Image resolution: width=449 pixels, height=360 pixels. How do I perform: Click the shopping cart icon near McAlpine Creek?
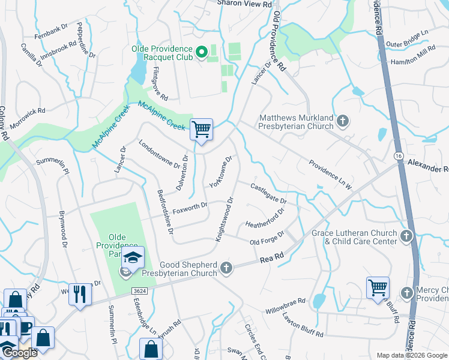pos(201,129)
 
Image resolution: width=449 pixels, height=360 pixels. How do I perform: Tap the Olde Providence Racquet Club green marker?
pos(201,53)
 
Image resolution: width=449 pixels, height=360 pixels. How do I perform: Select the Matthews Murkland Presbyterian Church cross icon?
pos(342,122)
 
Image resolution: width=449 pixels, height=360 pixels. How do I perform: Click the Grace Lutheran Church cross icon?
pos(407,236)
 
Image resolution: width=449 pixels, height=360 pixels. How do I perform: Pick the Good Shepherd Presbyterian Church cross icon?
pos(226,268)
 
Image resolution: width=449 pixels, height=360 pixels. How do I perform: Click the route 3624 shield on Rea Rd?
pos(140,291)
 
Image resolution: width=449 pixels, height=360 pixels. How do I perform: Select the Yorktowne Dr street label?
pos(220,172)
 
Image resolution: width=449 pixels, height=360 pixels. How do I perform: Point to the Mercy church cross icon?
pos(407,293)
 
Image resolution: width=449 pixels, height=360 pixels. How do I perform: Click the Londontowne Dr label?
pos(159,154)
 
